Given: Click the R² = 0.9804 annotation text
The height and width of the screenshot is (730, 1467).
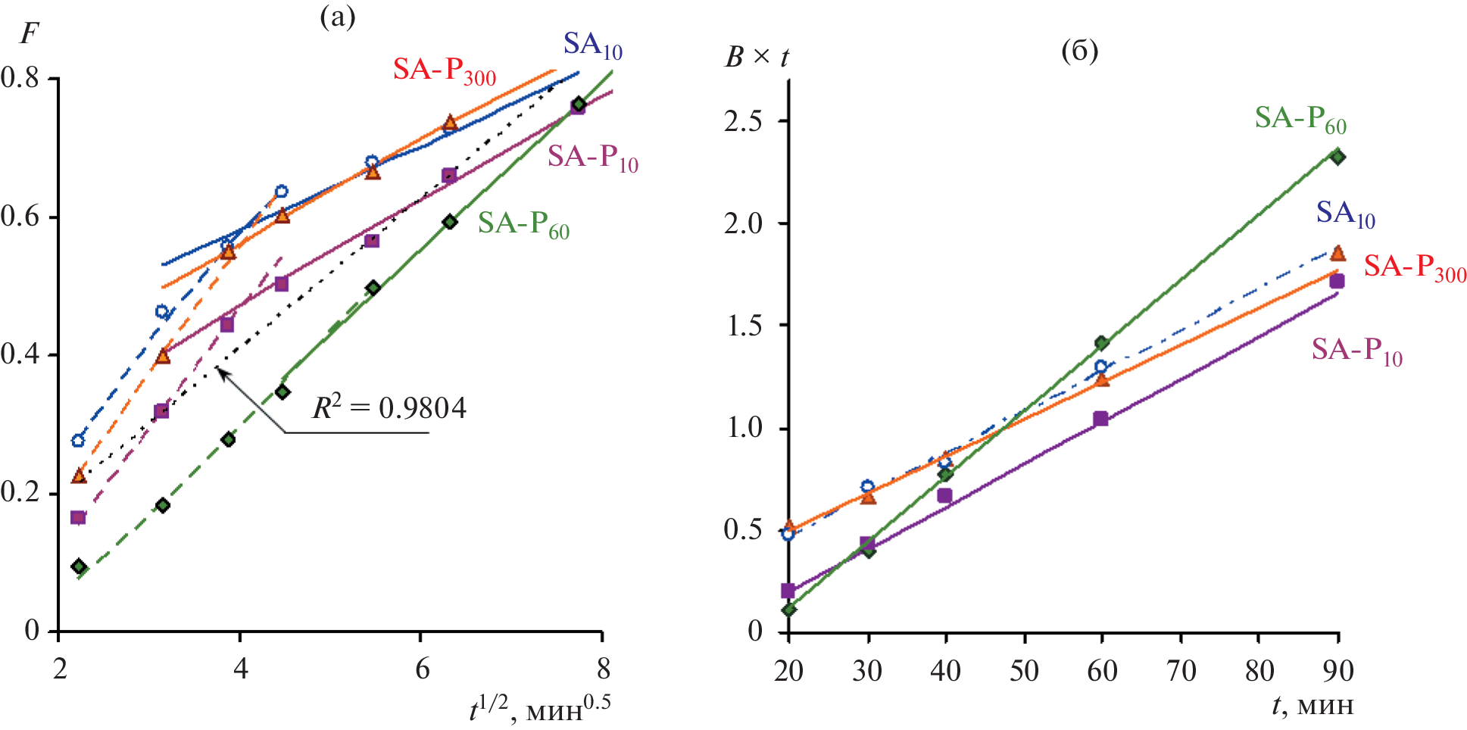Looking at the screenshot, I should (389, 408).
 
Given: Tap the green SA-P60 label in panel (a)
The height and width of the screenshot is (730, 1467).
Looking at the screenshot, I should (523, 224).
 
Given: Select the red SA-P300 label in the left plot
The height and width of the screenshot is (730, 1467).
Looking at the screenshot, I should (444, 70).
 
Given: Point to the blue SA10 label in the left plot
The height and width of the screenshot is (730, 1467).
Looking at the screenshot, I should (592, 45).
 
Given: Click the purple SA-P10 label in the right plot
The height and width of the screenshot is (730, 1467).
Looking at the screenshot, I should (1356, 351).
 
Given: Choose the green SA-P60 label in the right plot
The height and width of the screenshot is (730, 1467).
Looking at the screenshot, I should (1300, 119).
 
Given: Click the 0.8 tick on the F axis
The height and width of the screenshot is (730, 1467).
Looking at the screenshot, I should (20, 77).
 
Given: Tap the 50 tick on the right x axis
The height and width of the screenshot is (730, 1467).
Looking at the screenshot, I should (1024, 670).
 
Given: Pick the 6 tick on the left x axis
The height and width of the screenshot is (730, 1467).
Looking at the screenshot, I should (422, 669).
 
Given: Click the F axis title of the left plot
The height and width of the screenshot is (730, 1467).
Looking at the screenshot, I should (29, 34).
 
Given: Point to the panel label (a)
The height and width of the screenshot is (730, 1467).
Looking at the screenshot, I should (337, 17).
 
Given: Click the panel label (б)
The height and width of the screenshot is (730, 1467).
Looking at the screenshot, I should (1079, 51).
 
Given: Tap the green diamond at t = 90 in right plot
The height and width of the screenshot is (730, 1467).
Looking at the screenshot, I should (1337, 157).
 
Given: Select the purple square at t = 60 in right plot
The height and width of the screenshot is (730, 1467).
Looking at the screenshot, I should (1100, 419).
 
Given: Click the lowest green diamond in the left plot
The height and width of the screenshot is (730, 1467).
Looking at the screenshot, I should (79, 566).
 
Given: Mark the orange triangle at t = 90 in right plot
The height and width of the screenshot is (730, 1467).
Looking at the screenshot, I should (1338, 253).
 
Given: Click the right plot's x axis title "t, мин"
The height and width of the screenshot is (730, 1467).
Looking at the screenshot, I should (1312, 706).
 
